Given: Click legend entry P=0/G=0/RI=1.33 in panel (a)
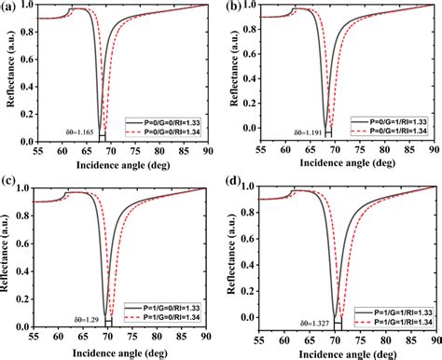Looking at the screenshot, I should (x=164, y=122).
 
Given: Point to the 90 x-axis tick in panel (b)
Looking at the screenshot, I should (x=435, y=154).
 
